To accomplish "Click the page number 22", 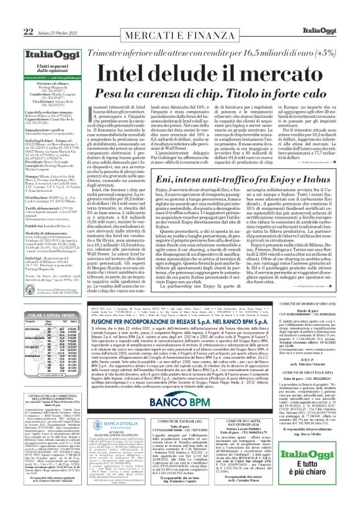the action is coord(11,14).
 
